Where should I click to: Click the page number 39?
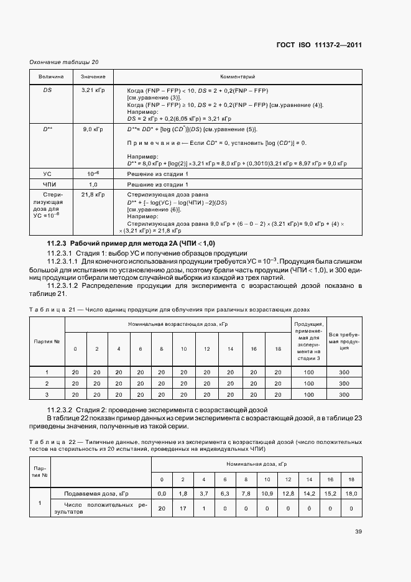click(358, 532)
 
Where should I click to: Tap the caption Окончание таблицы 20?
click(64, 62)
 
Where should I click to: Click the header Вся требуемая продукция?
click(344, 343)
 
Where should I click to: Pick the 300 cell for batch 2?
click(344, 383)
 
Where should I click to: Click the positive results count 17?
click(183, 509)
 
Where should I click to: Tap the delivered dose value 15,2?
click(330, 493)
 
